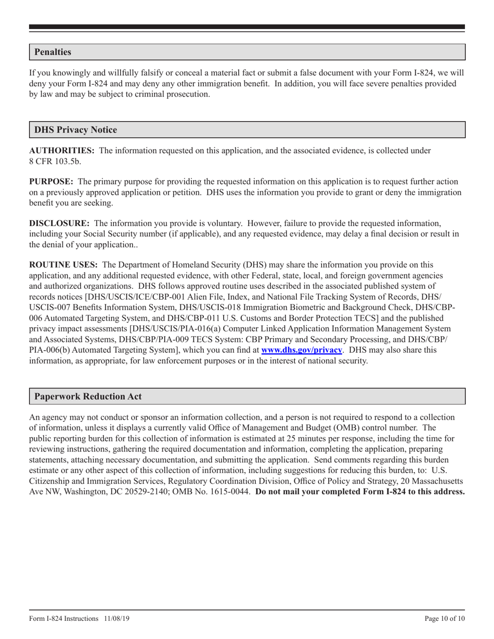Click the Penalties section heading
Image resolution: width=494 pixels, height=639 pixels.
[x=53, y=52]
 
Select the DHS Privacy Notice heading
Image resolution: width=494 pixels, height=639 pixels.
[x=75, y=130]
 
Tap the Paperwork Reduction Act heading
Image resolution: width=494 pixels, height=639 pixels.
[x=88, y=396]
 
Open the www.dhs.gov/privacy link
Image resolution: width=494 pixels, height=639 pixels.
[x=301, y=350]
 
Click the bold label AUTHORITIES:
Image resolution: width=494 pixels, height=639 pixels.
[x=62, y=151]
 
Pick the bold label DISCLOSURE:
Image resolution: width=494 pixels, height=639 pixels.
[x=59, y=223]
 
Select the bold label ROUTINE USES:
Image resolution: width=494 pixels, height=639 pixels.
[x=63, y=264]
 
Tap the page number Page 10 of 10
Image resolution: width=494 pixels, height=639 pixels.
[x=445, y=618]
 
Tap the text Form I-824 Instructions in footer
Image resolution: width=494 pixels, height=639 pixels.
[x=64, y=618]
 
